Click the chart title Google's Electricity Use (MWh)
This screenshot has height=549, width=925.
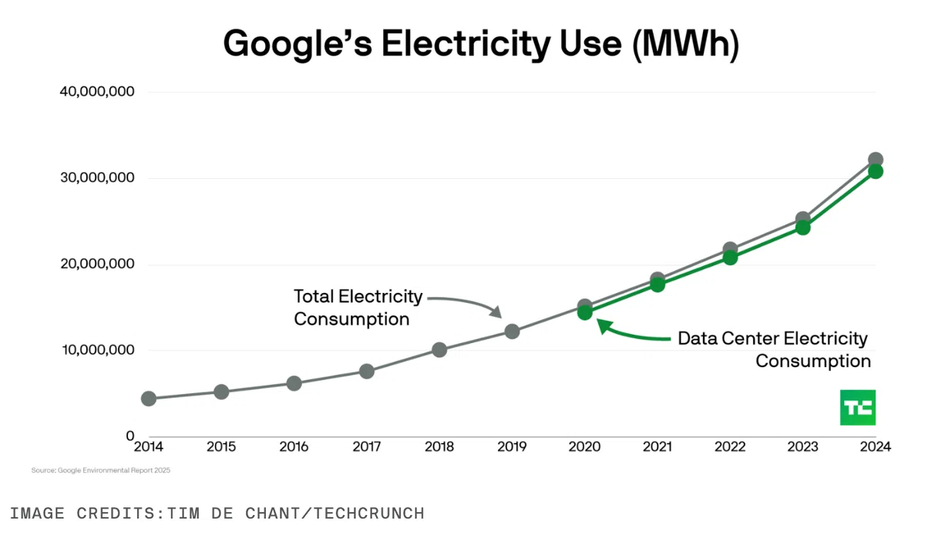click(481, 44)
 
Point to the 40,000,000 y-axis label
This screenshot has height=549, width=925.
click(97, 91)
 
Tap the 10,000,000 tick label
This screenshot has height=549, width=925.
click(99, 350)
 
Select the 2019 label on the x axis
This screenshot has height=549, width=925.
click(512, 446)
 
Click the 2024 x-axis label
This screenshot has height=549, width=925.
click(876, 446)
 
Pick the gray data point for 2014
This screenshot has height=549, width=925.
click(149, 399)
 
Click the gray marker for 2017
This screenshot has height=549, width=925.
click(367, 372)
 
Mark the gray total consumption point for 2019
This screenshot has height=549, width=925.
click(512, 332)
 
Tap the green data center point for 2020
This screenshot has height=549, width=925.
click(585, 313)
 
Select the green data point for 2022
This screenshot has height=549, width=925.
click(730, 258)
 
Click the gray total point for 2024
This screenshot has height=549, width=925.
click(876, 159)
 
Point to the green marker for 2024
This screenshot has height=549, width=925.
click(876, 171)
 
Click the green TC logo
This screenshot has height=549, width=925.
click(858, 407)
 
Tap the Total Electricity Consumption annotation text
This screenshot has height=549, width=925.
click(358, 308)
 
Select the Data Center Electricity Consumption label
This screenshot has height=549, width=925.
click(774, 349)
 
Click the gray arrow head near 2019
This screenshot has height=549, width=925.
click(496, 312)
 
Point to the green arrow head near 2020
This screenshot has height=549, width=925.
click(604, 326)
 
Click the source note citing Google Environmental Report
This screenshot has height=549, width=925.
click(101, 470)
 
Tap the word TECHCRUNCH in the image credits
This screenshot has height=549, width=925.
click(369, 514)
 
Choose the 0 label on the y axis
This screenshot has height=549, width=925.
click(130, 436)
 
